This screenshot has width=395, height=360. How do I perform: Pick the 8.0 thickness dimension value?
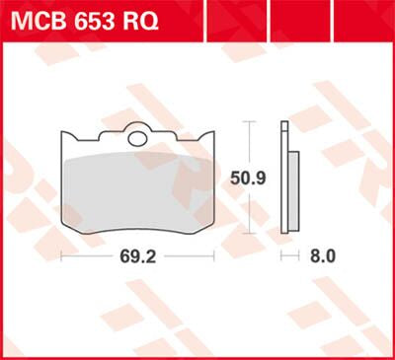click(x=323, y=255)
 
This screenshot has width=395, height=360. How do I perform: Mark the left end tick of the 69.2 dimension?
click(x=62, y=255)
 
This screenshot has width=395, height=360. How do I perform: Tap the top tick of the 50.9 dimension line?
click(x=250, y=121)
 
